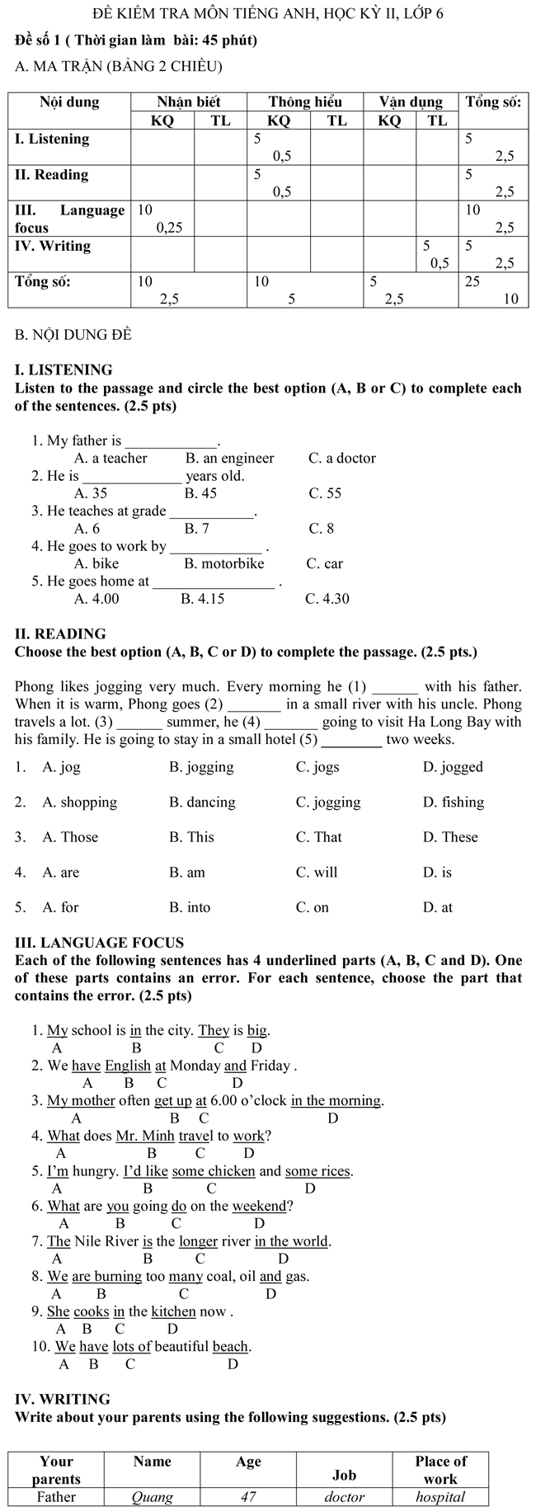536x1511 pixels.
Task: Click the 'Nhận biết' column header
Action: pyautogui.click(x=189, y=102)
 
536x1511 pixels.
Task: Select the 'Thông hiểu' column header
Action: pyautogui.click(x=304, y=102)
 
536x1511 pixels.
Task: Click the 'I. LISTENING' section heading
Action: pyautogui.click(x=63, y=370)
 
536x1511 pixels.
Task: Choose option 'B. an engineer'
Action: pyautogui.click(x=229, y=458)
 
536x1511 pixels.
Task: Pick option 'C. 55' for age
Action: pyautogui.click(x=324, y=493)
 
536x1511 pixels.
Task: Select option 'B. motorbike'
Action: pyautogui.click(x=223, y=563)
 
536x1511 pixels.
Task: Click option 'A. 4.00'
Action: pyautogui.click(x=96, y=599)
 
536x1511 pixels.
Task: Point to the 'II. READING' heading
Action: pyautogui.click(x=60, y=633)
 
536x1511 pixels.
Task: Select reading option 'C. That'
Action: pyautogui.click(x=318, y=837)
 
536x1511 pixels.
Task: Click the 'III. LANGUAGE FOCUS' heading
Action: pyautogui.click(x=99, y=942)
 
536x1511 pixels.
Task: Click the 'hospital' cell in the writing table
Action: pyautogui.click(x=440, y=1497)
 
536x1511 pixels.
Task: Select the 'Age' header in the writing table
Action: pyautogui.click(x=248, y=1462)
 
